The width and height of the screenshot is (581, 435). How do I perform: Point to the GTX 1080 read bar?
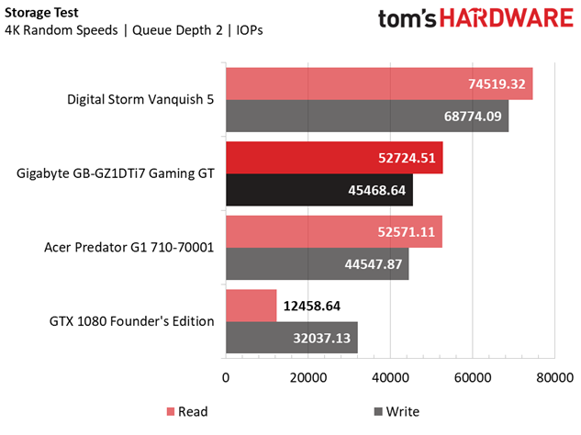point(251,306)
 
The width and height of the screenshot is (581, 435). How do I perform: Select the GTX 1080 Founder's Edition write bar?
point(291,338)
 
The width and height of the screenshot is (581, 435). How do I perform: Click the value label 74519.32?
point(496,84)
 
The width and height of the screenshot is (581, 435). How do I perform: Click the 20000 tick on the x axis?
point(308,375)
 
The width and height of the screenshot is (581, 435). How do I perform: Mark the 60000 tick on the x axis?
point(472,375)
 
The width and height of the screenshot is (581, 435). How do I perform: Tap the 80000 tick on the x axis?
point(553,375)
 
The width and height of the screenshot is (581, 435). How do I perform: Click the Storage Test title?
point(41,13)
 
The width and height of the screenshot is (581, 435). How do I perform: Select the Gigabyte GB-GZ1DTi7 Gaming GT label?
point(115,173)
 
